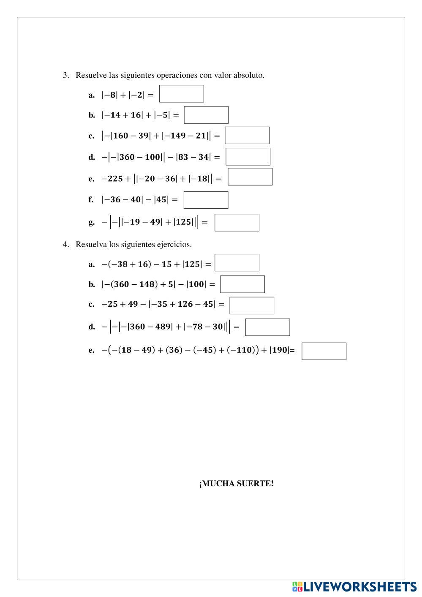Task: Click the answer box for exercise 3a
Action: [x=181, y=94]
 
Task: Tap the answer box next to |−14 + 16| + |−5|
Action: [x=206, y=115]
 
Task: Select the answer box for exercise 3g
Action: [x=237, y=223]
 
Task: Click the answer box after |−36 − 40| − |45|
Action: [x=206, y=200]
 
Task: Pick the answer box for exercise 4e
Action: [x=324, y=351]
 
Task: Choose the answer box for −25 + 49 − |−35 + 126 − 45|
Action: [x=252, y=305]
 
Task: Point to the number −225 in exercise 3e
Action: [x=112, y=179]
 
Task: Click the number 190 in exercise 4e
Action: [x=280, y=350]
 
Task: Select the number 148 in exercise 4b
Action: [x=147, y=284]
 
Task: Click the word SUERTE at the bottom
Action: [x=255, y=484]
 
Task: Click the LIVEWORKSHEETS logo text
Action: [x=359, y=586]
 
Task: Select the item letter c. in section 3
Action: [x=91, y=136]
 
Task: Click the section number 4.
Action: [x=65, y=244]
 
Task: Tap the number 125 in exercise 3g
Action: [x=183, y=222]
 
